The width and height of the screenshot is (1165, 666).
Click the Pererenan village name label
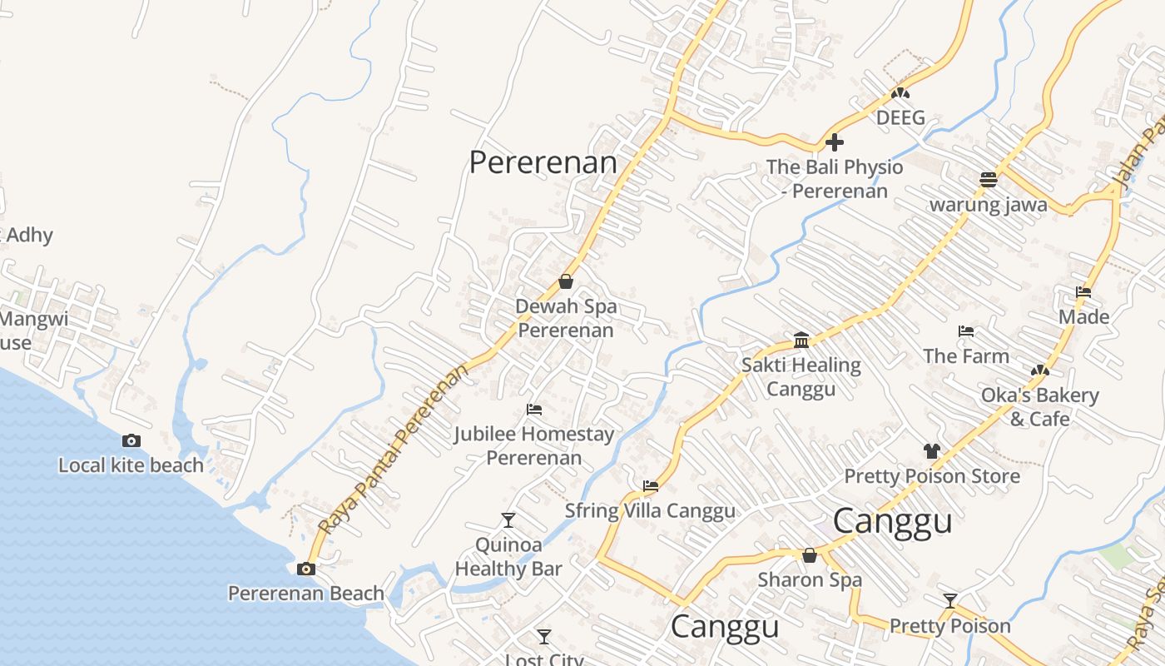point(543,162)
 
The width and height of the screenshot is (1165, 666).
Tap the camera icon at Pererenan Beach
point(306,569)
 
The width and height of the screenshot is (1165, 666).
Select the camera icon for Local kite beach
point(131,441)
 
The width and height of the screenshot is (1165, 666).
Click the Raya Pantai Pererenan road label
point(393,450)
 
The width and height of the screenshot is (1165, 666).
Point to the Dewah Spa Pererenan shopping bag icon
point(566,281)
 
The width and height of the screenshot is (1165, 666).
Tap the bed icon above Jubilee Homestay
point(534,410)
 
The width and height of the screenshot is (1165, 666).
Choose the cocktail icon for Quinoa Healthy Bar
point(508,520)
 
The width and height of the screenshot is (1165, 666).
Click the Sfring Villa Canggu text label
point(650,510)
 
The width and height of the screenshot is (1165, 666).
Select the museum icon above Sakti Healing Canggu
point(801,340)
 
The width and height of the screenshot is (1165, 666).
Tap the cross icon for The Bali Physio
point(835,142)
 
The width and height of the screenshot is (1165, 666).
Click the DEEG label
point(900,117)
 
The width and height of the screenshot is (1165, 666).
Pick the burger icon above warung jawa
point(988,180)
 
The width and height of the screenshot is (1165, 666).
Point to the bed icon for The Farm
point(965,331)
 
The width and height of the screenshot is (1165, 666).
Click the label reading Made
point(1083,316)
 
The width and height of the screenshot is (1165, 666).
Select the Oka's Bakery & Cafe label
point(1039,406)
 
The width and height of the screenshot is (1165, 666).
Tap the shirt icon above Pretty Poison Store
point(931,451)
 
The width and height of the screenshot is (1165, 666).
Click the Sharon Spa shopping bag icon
point(809,555)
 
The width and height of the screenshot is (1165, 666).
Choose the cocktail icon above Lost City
point(544,637)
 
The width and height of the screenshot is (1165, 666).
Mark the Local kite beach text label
point(131,465)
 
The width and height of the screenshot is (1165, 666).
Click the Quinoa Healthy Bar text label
point(508,557)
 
